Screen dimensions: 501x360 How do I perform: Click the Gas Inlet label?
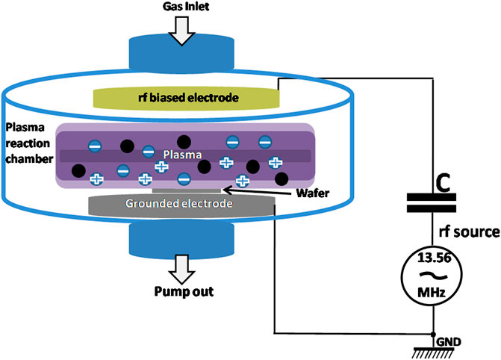tap(186, 7)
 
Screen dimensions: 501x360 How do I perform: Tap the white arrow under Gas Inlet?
tap(181, 31)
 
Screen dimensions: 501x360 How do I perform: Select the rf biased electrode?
tap(186, 98)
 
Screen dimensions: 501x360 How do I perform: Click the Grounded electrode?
tap(181, 205)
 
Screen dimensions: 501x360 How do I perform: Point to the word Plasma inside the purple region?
tap(182, 155)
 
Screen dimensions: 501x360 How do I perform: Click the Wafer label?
tap(313, 193)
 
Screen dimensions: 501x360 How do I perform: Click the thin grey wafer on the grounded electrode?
tap(187, 191)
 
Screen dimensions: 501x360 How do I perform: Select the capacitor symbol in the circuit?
tap(432, 203)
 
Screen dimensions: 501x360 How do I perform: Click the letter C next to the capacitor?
tap(444, 184)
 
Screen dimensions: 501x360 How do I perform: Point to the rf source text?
tap(469, 232)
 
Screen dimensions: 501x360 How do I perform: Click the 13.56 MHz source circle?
tap(432, 276)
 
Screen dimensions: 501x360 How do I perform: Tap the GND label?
tap(449, 342)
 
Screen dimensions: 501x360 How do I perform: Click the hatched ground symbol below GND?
tap(433, 353)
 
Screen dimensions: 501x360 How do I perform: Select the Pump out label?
tap(184, 291)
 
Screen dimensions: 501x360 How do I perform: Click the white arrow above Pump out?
tap(181, 269)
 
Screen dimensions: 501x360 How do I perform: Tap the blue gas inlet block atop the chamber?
tap(181, 52)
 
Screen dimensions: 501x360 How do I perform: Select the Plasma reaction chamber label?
tap(29, 143)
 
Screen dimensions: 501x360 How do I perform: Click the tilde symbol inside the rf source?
tap(432, 275)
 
